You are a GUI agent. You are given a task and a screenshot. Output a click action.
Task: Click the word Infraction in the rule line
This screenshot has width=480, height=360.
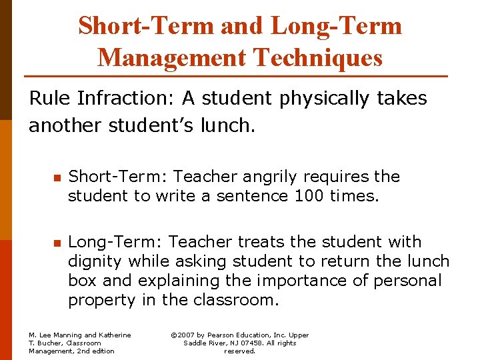click(x=129, y=99)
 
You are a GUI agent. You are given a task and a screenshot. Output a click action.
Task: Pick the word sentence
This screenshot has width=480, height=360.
click(x=250, y=196)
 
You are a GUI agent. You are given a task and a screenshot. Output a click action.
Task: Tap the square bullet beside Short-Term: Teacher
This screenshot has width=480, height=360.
click(x=57, y=178)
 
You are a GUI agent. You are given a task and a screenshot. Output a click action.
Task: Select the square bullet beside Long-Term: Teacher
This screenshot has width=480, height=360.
click(x=57, y=243)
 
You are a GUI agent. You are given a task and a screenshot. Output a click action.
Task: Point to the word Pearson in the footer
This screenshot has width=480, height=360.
click(x=227, y=335)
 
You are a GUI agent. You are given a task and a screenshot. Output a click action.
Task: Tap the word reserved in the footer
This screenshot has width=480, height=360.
click(x=240, y=351)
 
